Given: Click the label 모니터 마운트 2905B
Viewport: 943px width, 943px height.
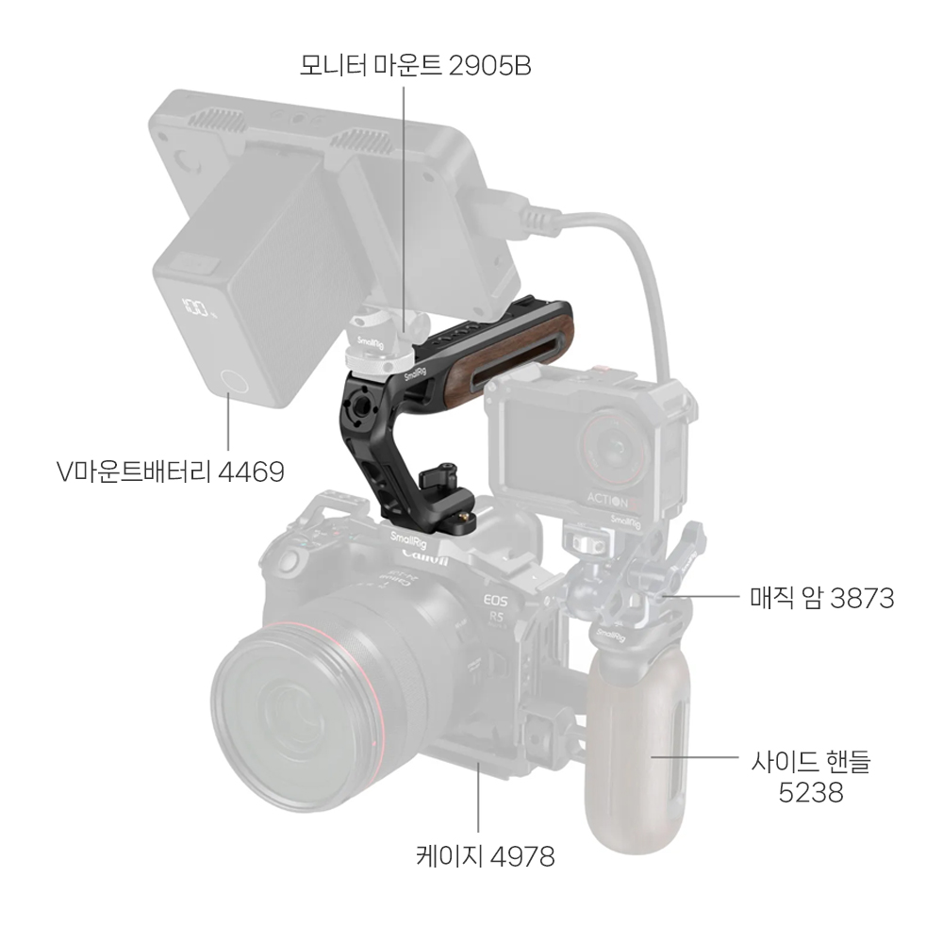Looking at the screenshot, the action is click(416, 66).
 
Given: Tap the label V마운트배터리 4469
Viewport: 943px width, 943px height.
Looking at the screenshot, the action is click(170, 472).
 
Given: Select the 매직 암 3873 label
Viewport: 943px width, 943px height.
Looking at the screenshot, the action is click(822, 598).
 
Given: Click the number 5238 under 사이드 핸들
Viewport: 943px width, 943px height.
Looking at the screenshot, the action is click(811, 792).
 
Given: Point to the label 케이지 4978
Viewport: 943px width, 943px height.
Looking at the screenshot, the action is click(485, 856).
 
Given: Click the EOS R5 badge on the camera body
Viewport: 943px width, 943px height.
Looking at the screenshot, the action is click(497, 608).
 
